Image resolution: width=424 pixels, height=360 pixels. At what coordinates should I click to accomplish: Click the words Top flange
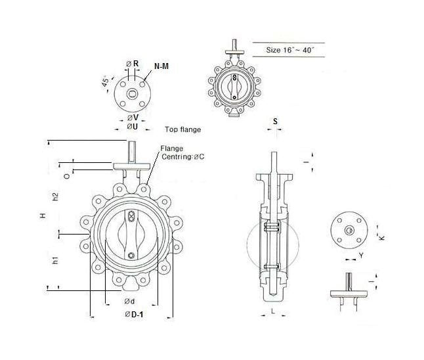pos(182,129)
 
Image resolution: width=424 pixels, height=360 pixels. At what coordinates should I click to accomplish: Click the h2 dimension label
pos(56,196)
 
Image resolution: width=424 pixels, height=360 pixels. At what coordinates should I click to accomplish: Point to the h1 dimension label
pos(56,260)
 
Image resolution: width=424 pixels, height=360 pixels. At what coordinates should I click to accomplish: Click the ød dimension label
pos(129,301)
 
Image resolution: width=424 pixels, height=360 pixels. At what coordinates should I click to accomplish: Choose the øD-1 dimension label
pos(133,315)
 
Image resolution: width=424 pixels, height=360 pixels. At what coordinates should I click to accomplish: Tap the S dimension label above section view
pos(275,122)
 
